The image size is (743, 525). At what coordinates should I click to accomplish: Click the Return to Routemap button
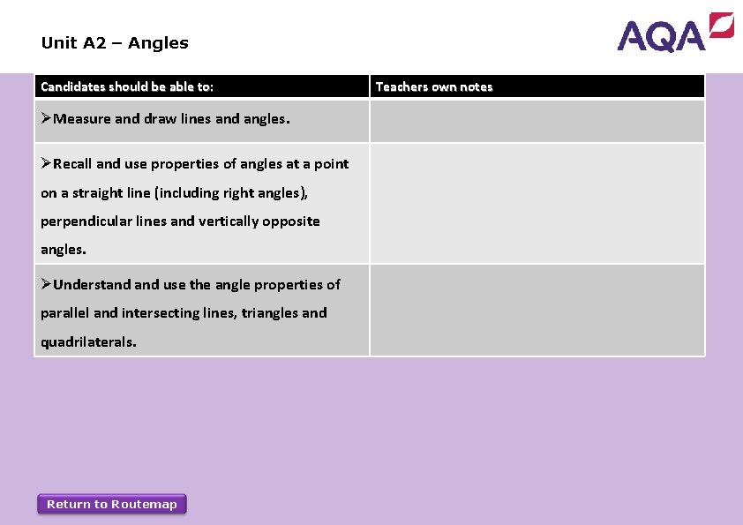[112, 504]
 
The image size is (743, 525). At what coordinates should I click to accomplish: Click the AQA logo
[675, 33]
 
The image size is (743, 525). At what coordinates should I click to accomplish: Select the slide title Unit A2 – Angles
[115, 42]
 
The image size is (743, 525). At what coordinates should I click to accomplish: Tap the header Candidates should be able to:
[127, 86]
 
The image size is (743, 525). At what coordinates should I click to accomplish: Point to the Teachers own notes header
[434, 86]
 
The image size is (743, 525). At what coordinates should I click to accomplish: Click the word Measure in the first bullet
[82, 119]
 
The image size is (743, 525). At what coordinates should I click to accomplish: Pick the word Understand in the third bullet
[92, 284]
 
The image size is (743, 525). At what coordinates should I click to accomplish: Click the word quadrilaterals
[88, 341]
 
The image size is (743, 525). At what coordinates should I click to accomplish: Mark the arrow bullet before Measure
[47, 119]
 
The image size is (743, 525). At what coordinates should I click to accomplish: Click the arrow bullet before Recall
[47, 164]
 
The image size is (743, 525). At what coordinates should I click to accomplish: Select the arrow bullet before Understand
[47, 284]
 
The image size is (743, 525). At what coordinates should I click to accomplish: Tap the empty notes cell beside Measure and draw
[537, 121]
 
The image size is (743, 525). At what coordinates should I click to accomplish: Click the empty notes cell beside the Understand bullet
[537, 311]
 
